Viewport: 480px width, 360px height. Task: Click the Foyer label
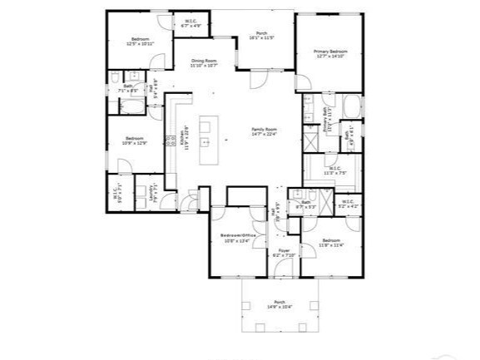(284, 251)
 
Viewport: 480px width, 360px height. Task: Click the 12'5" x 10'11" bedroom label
(139, 42)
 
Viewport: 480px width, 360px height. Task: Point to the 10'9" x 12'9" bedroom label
(135, 141)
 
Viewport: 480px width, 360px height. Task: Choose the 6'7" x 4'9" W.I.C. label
(192, 23)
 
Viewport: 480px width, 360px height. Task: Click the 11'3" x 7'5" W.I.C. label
(336, 171)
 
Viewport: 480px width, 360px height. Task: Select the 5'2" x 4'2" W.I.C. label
(347, 202)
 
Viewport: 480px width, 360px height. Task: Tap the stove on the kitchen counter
(172, 141)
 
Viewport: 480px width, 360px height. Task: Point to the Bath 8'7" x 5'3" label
(305, 204)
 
